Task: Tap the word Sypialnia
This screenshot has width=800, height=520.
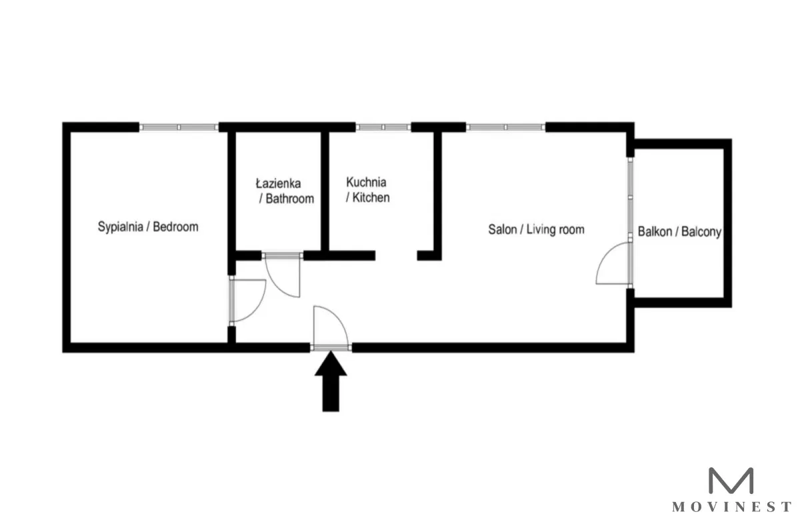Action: pyautogui.click(x=121, y=227)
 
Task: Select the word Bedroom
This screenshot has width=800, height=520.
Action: pyautogui.click(x=176, y=227)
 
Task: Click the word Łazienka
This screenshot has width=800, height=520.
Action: pyautogui.click(x=278, y=183)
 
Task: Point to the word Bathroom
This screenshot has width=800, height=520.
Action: pyautogui.click(x=289, y=199)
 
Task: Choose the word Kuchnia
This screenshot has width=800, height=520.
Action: pyautogui.click(x=366, y=183)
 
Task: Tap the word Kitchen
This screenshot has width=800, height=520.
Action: pyautogui.click(x=371, y=197)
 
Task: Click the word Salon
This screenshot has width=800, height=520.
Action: pyautogui.click(x=503, y=229)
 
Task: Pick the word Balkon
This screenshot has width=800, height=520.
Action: pyautogui.click(x=655, y=232)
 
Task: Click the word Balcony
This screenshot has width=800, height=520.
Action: pyautogui.click(x=701, y=232)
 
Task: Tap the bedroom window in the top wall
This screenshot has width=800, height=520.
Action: pyautogui.click(x=179, y=127)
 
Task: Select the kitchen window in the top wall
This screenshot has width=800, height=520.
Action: pyautogui.click(x=383, y=127)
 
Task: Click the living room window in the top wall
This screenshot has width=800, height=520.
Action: pyautogui.click(x=506, y=127)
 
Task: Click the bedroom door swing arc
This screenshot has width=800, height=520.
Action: pyautogui.click(x=258, y=307)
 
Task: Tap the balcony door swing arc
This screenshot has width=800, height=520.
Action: pyautogui.click(x=603, y=255)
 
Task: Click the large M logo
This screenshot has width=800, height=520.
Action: pyautogui.click(x=731, y=481)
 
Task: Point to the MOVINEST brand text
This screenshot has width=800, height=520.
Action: pyautogui.click(x=731, y=507)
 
